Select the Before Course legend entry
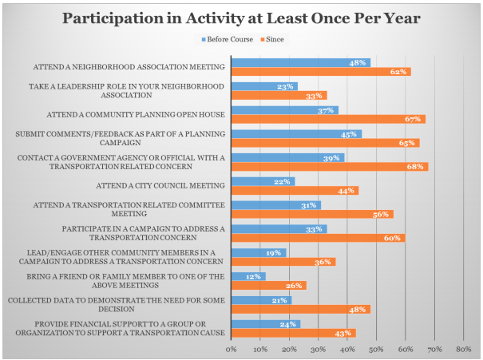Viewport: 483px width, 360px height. coord(231,38)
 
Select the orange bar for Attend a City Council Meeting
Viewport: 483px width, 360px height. coord(294,190)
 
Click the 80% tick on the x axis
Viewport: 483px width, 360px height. coord(463,349)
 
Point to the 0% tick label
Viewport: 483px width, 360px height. coord(232,349)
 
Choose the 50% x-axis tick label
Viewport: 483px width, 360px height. coord(376,349)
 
